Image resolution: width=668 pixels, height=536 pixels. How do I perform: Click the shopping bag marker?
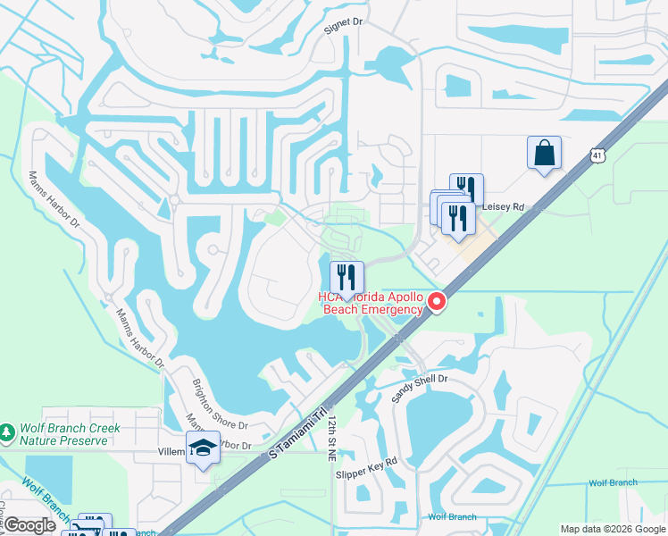coord(544,154)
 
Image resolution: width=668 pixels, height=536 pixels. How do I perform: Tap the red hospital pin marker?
coord(437,303)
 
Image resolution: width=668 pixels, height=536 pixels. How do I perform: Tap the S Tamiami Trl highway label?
coord(299,439)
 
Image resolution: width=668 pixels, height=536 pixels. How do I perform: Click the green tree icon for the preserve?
coord(7,432)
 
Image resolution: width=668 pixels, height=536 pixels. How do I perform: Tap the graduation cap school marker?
coord(203,448)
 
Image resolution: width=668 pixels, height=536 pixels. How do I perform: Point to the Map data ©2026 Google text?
coord(611,529)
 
